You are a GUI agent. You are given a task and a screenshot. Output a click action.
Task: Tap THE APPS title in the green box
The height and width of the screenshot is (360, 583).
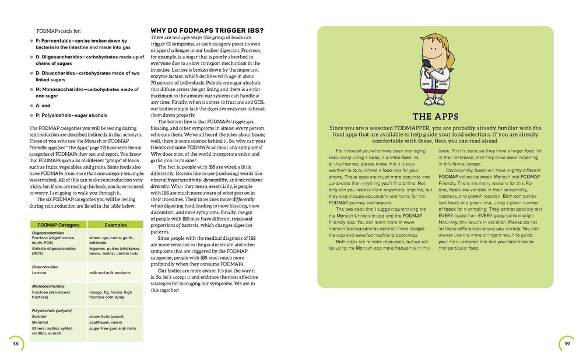(x=434, y=116)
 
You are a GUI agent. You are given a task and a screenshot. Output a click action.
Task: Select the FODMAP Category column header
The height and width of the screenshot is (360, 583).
(x=58, y=224)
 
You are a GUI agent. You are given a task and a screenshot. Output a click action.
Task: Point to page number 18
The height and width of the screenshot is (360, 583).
(x=16, y=344)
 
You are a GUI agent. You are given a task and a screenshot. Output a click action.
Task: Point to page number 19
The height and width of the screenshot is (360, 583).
(x=567, y=344)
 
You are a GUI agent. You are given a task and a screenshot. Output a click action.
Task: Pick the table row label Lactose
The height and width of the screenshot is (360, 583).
(x=40, y=272)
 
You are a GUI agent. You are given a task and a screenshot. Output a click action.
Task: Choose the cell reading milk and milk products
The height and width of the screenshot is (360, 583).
(x=110, y=272)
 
